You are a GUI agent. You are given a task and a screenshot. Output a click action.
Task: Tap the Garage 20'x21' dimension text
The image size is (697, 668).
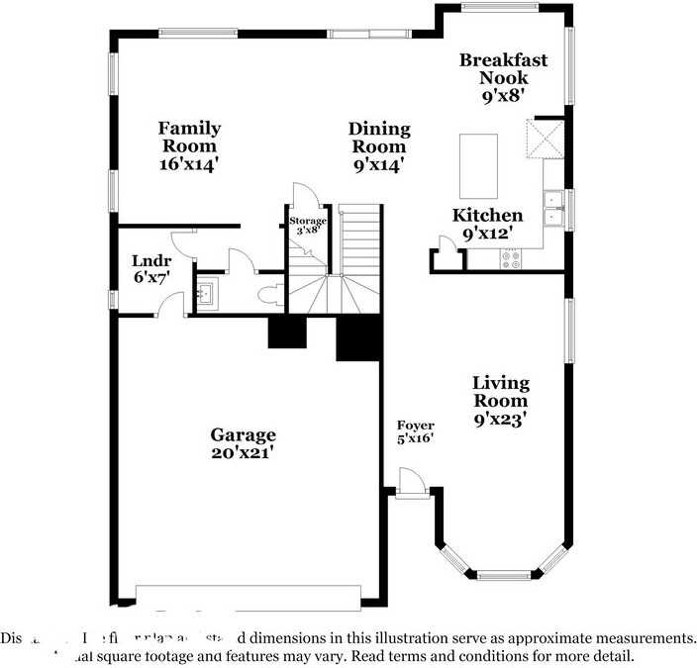pyautogui.click(x=242, y=452)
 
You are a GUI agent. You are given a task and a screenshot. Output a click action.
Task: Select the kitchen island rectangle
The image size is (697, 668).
pyautogui.click(x=478, y=166)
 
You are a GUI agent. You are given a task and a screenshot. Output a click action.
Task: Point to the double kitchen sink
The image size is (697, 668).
pyautogui.click(x=552, y=207)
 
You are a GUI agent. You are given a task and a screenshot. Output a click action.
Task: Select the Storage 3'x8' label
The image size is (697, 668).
pyautogui.click(x=307, y=225)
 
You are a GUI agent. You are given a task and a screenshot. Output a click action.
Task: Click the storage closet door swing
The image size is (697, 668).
pyautogui.click(x=302, y=196)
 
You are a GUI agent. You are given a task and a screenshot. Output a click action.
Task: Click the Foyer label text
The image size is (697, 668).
pyautogui.click(x=416, y=426)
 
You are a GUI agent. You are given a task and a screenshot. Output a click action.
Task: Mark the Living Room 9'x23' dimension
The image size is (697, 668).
pyautogui.click(x=500, y=419)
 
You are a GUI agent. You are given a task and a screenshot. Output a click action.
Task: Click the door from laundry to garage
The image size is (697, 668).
pyautogui.click(x=172, y=307)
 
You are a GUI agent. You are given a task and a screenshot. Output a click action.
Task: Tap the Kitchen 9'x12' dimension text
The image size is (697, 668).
pyautogui.click(x=488, y=235)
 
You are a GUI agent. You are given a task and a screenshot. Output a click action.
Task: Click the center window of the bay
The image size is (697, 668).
pyautogui.click(x=504, y=574)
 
